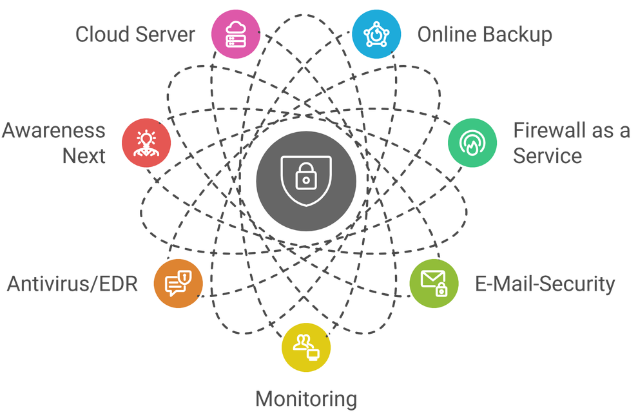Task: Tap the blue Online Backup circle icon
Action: [376, 33]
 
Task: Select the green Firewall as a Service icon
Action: [473, 143]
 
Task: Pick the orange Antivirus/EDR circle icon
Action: [178, 282]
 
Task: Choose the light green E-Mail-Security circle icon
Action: [434, 282]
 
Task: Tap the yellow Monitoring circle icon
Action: [305, 347]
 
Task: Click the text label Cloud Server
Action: [135, 34]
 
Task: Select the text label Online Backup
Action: [484, 34]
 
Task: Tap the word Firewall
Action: [548, 131]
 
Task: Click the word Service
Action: [547, 155]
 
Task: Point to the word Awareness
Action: [53, 131]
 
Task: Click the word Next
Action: [84, 155]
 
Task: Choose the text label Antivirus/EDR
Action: [72, 284]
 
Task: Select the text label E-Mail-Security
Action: [545, 284]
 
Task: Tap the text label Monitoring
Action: [306, 399]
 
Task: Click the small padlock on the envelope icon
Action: [441, 289]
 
